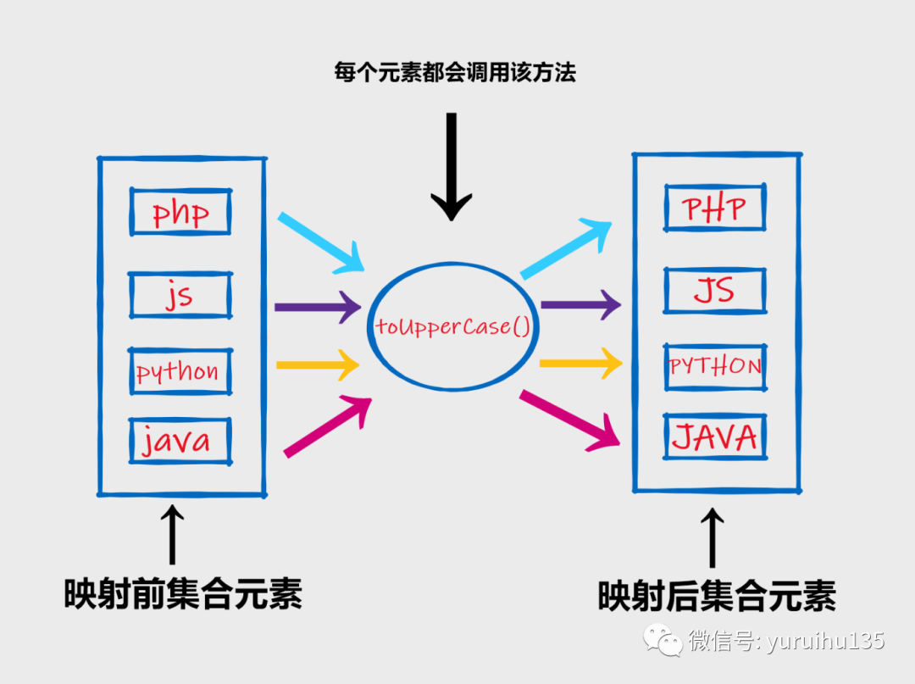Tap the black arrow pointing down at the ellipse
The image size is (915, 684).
[451, 166]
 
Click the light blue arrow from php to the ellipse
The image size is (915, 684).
[321, 242]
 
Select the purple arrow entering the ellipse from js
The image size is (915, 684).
[318, 307]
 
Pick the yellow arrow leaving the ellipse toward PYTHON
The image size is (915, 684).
[581, 363]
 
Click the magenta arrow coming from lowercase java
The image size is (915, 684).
[327, 426]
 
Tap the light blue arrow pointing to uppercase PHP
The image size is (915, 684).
[566, 248]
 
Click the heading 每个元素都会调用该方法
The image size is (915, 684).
[455, 72]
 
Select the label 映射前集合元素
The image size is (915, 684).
[183, 594]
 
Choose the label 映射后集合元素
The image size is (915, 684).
[717, 596]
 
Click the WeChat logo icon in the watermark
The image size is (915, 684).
[663, 640]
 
